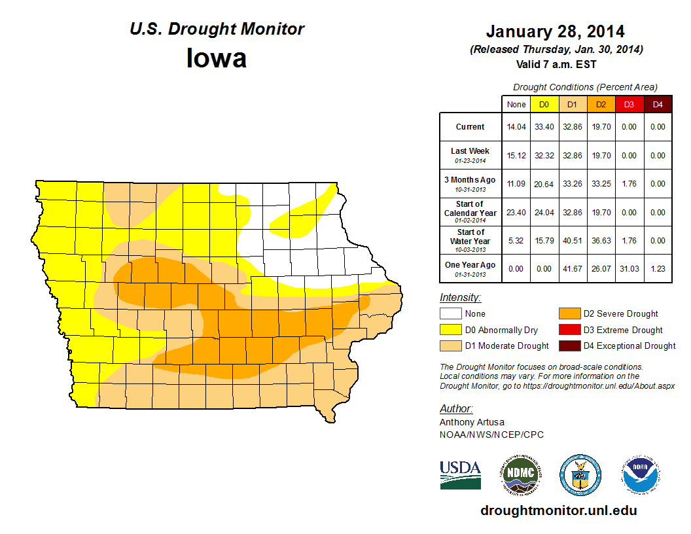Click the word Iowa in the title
point(217,58)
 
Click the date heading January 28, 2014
point(555,31)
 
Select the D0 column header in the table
point(544,105)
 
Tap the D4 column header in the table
point(658,105)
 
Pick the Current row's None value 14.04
point(516,127)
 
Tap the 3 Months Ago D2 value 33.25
point(601,184)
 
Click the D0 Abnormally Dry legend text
point(501,330)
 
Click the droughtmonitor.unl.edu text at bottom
point(558,510)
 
